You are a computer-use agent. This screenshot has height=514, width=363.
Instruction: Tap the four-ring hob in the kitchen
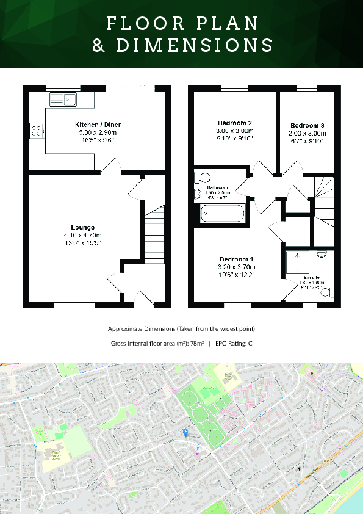(36, 130)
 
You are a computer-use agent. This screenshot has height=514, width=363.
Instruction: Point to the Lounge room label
(82, 227)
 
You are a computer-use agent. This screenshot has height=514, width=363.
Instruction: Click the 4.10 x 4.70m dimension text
(82, 235)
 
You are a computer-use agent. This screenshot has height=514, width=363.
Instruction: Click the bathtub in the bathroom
(222, 214)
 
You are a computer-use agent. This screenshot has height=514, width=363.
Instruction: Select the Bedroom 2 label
(234, 123)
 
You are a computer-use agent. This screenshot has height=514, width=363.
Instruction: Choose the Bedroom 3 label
(307, 125)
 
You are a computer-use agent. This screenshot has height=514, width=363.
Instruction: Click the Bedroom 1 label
(237, 259)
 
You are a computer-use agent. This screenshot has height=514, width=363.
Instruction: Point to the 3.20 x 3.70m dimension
(237, 267)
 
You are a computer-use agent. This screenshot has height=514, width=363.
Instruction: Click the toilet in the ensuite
(329, 294)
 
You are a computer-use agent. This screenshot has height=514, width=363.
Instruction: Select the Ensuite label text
(311, 277)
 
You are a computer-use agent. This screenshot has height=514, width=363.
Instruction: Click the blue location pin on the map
(185, 433)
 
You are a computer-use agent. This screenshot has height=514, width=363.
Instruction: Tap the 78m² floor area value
(196, 344)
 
